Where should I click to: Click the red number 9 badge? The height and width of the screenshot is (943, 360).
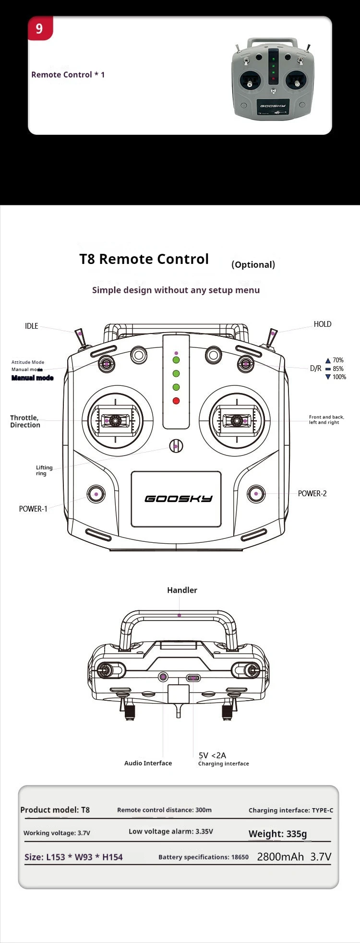[x=39, y=29]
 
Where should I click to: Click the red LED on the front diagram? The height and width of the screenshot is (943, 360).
[x=176, y=401]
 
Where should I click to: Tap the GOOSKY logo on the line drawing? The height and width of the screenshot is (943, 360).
[x=178, y=499]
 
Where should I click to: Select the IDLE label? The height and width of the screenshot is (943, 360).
[x=31, y=326]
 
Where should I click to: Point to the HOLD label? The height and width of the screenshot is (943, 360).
[x=323, y=324]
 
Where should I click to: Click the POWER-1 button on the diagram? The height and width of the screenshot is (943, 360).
[x=96, y=494]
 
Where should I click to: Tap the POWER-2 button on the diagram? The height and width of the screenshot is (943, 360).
[x=256, y=493]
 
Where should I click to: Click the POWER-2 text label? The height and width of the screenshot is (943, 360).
[x=312, y=493]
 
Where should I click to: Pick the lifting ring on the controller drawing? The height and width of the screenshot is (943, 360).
[x=176, y=446]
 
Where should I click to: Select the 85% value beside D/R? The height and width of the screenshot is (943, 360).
[x=338, y=369]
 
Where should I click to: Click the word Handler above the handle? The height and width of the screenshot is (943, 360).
[x=182, y=590]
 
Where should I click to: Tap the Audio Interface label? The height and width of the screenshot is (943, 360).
[x=148, y=763]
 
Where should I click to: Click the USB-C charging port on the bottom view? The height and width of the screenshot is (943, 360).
[x=193, y=678]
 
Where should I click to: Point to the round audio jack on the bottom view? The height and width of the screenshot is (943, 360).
[x=163, y=677]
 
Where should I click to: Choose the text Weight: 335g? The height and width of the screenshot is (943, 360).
[x=277, y=834]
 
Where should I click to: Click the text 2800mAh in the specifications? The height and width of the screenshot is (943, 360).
[x=280, y=857]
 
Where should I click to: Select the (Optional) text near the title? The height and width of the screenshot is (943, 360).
[x=253, y=264]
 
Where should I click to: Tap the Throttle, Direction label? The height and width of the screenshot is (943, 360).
[x=25, y=421]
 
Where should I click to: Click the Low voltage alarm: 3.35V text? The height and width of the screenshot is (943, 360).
[x=170, y=831]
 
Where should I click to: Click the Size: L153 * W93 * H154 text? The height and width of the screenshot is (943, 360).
[x=73, y=857]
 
